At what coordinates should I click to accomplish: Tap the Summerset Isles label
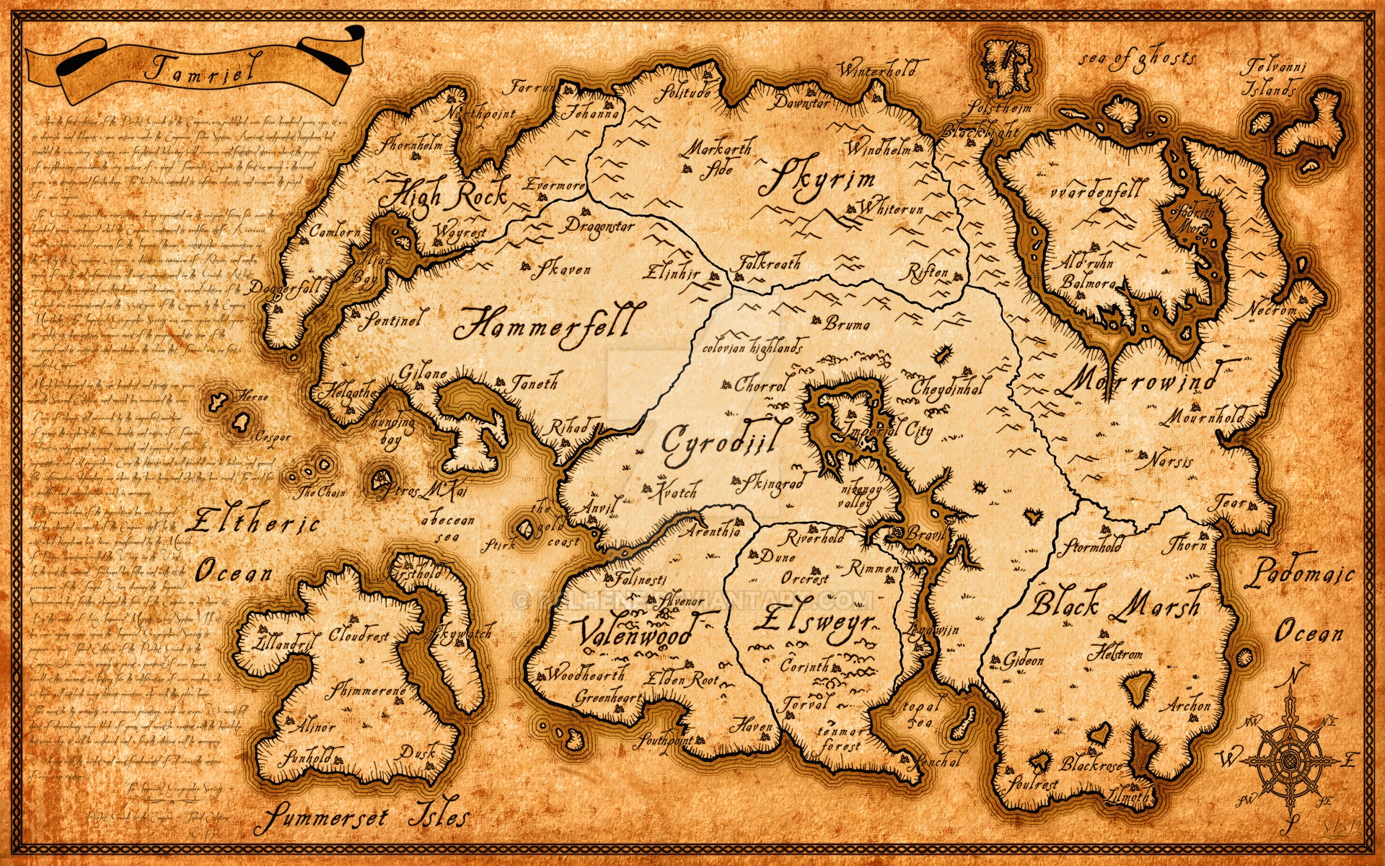(x=366, y=818)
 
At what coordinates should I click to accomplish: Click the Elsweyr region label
(x=815, y=622)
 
